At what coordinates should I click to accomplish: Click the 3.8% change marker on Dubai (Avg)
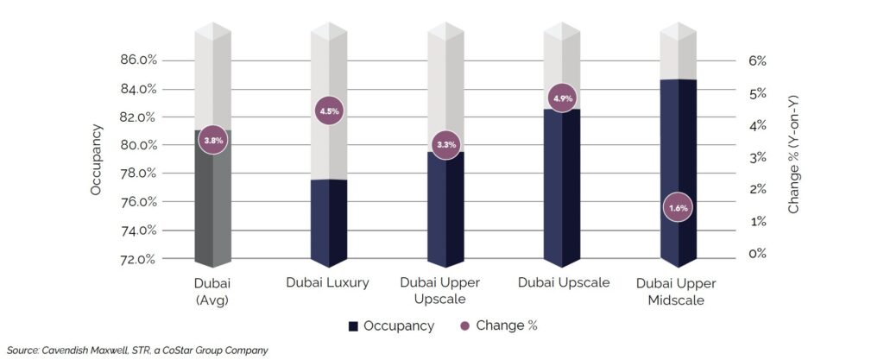pyautogui.click(x=212, y=140)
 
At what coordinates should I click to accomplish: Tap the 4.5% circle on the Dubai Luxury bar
pyautogui.click(x=330, y=111)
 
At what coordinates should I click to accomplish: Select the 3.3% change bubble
pyautogui.click(x=446, y=144)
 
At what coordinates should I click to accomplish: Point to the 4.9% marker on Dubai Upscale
pyautogui.click(x=563, y=98)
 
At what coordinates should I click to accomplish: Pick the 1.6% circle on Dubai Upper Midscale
pyautogui.click(x=679, y=208)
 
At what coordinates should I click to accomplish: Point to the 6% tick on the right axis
pyautogui.click(x=757, y=61)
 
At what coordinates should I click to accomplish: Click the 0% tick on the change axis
pyautogui.click(x=757, y=254)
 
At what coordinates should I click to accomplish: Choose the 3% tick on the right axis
pyautogui.click(x=757, y=158)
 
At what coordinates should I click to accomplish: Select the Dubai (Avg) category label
pyautogui.click(x=213, y=292)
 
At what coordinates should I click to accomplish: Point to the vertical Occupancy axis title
pyautogui.click(x=97, y=160)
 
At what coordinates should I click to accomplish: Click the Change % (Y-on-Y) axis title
pyautogui.click(x=795, y=155)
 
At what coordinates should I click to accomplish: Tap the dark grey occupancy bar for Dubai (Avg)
pyautogui.click(x=212, y=207)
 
